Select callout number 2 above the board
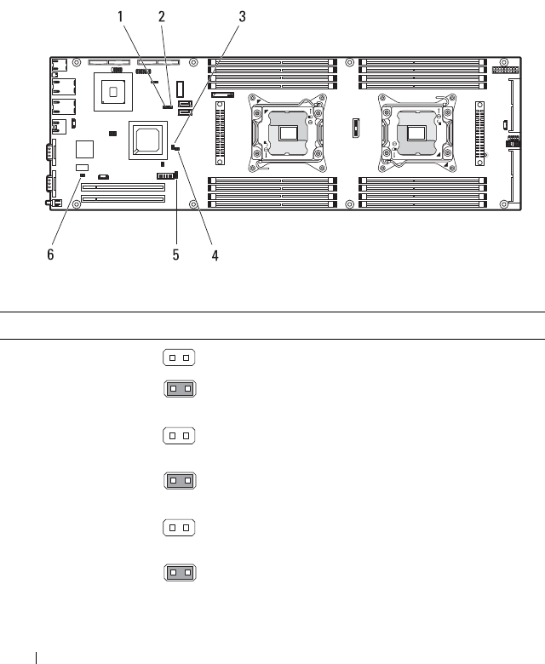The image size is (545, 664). (162, 16)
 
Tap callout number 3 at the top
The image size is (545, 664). (242, 16)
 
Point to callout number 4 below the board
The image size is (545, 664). (215, 255)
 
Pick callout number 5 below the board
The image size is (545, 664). (176, 255)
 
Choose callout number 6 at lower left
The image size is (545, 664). (50, 255)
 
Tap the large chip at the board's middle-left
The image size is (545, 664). (146, 140)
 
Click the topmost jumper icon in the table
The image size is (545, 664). (179, 358)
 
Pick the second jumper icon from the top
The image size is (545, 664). (179, 389)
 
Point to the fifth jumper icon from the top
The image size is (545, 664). (179, 529)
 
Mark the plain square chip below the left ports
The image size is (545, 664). (83, 149)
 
